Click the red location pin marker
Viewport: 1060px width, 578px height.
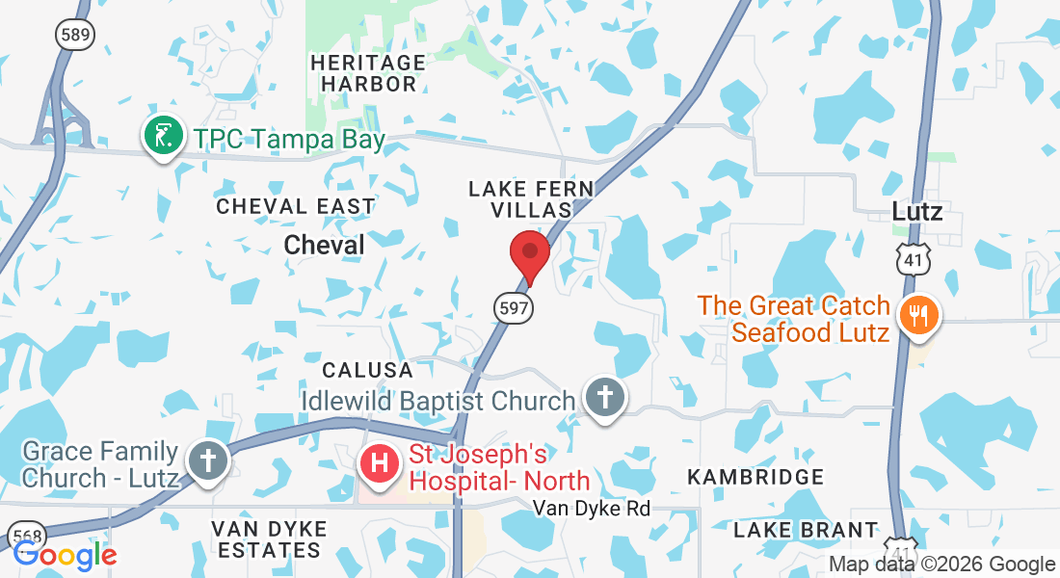(529, 253)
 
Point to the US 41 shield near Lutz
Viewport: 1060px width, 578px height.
(912, 258)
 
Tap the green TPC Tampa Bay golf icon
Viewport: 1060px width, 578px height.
(164, 137)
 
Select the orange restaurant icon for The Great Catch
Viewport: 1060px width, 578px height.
(917, 316)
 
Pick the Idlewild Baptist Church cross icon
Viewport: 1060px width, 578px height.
(605, 397)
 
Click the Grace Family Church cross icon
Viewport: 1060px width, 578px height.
(207, 460)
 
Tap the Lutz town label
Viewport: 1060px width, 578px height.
(916, 212)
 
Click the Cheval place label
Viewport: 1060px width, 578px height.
(325, 246)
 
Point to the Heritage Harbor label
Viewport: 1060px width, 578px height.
(368, 73)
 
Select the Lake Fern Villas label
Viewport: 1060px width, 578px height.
(531, 199)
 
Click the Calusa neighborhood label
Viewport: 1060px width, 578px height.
(367, 370)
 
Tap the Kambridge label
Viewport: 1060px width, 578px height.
(755, 477)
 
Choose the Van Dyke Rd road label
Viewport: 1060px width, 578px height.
(593, 508)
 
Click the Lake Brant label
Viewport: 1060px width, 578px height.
(806, 530)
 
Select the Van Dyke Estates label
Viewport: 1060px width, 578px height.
(269, 539)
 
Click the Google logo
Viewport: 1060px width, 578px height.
(65, 555)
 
